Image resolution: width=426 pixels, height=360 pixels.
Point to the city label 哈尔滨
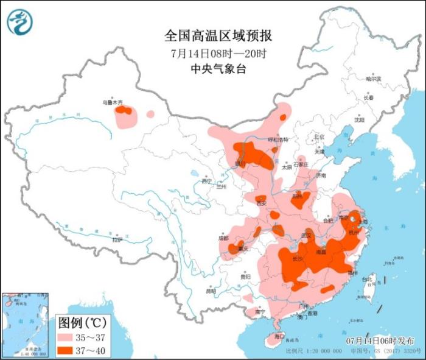coord(373,79)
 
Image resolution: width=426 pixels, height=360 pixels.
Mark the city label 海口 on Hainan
coord(279,336)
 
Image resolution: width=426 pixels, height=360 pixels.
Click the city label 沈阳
coord(363,120)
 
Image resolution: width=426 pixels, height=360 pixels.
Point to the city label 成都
coord(223,238)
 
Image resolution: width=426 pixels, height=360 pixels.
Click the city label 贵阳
coord(245,277)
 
